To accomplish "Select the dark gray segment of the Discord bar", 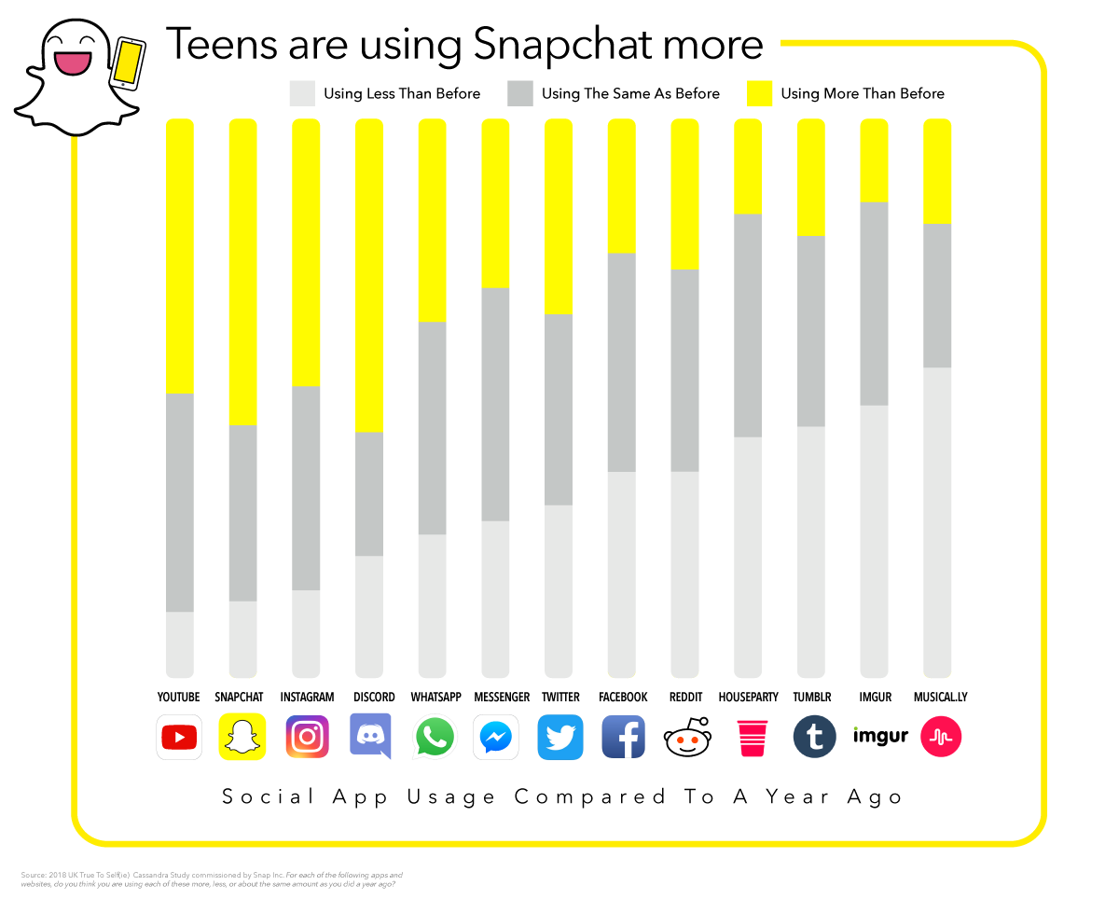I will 369,494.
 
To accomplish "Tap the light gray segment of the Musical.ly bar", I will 937,522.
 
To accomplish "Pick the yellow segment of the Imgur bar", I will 874,160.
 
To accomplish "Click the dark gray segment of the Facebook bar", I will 622,362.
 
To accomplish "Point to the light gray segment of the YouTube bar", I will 180,644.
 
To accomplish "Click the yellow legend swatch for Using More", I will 760,93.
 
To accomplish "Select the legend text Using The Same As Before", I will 630,93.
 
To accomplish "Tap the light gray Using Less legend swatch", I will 302,93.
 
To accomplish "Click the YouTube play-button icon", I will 179,738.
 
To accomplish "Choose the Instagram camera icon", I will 307,737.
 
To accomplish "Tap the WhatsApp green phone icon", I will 434,737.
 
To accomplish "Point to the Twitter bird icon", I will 560,738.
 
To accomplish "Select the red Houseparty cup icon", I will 751,738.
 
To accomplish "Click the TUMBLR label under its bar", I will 812,697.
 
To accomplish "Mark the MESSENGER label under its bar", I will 502,697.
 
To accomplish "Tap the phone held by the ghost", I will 128,62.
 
